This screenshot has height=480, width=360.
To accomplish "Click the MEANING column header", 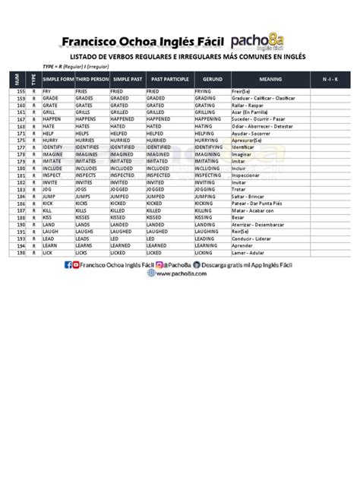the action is click(270, 79).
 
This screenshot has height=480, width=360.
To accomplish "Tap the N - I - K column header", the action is click(330, 79).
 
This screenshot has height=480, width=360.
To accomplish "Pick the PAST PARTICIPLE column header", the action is click(169, 79).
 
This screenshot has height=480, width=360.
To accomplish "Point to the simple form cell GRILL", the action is click(50, 112).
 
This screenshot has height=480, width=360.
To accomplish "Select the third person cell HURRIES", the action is click(88, 141).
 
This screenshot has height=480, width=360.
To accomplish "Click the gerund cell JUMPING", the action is click(208, 197).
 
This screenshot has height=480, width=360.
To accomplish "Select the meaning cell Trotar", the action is click(239, 190).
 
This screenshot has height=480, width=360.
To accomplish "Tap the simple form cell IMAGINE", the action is click(55, 154).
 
